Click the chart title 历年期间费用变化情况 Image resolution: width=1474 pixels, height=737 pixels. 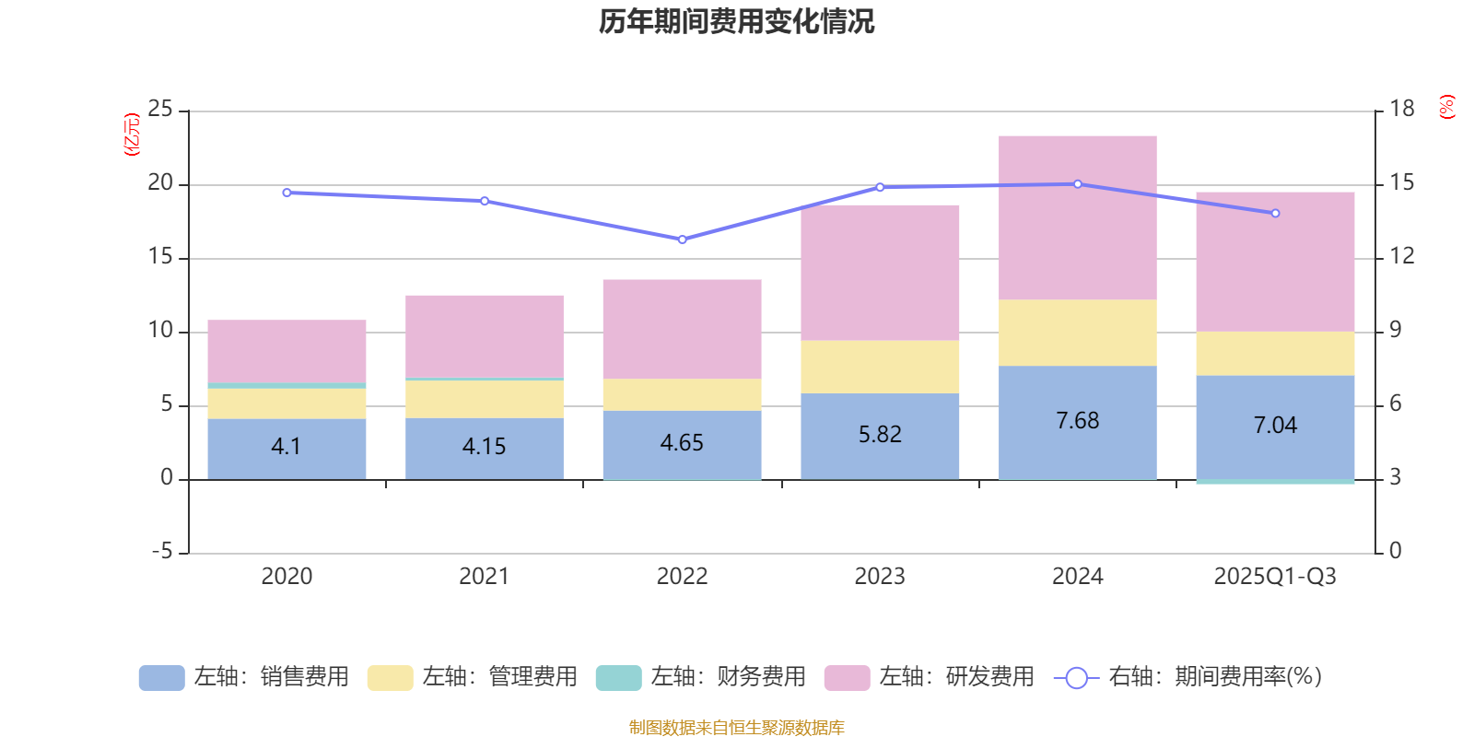pyautogui.click(x=736, y=21)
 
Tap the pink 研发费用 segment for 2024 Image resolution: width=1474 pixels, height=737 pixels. pyautogui.click(x=1077, y=217)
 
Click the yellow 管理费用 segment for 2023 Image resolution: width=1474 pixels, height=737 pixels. pyautogui.click(x=880, y=367)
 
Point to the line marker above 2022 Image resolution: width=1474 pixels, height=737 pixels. pyautogui.click(x=682, y=240)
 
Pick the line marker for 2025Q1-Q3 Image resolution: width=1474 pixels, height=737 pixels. pyautogui.click(x=1275, y=214)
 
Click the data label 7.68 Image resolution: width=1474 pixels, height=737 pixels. pyautogui.click(x=1077, y=421)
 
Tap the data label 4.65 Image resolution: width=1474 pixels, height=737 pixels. pyautogui.click(x=682, y=443)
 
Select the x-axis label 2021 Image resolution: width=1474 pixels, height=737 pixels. pyautogui.click(x=484, y=577)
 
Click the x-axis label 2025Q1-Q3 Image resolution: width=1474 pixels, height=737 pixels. pyautogui.click(x=1275, y=577)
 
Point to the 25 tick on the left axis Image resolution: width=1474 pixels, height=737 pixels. pyautogui.click(x=160, y=110)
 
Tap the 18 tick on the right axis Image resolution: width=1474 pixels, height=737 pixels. pyautogui.click(x=1402, y=109)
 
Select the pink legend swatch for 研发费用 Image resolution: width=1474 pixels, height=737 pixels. pyautogui.click(x=847, y=678)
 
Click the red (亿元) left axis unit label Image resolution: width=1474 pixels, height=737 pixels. pyautogui.click(x=133, y=135)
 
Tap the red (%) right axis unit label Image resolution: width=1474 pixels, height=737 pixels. pyautogui.click(x=1446, y=107)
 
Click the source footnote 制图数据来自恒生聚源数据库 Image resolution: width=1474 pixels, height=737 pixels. pyautogui.click(x=736, y=728)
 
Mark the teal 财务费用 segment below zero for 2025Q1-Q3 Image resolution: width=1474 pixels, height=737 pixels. pyautogui.click(x=1275, y=482)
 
